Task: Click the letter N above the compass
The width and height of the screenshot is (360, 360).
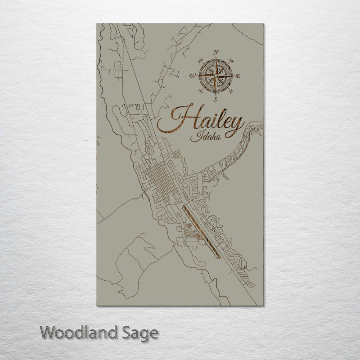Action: pos(216,52)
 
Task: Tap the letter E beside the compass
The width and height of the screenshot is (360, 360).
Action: pos(238,76)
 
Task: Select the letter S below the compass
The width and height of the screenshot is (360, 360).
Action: pos(216,99)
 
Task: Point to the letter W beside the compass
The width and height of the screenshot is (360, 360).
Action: pos(193,76)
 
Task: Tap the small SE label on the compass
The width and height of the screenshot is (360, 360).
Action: pos(231,91)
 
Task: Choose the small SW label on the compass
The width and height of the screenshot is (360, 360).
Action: pos(200,91)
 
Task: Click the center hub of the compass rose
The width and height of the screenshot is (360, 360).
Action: pos(216,76)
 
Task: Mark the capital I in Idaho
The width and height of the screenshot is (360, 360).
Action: pos(193,137)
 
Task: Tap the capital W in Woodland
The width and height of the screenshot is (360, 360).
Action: pos(48,333)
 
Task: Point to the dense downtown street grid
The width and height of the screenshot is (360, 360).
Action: pos(160,178)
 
